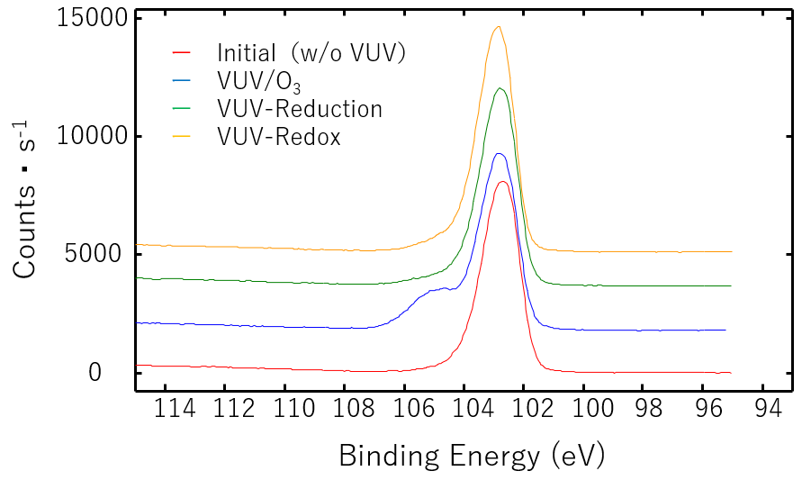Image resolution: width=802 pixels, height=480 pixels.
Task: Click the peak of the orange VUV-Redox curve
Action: (x=498, y=27)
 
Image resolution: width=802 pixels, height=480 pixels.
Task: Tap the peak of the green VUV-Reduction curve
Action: (x=500, y=88)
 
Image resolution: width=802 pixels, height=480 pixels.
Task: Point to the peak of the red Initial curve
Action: (x=503, y=182)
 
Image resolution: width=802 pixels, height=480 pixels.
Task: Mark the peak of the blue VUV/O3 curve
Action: (x=500, y=154)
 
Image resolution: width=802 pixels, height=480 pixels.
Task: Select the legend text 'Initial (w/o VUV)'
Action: (x=311, y=53)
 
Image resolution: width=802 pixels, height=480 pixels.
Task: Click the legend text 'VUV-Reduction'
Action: (x=300, y=110)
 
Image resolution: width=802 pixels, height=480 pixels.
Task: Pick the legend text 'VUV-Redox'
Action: (x=278, y=138)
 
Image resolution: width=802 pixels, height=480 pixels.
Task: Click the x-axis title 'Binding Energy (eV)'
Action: (x=472, y=456)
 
